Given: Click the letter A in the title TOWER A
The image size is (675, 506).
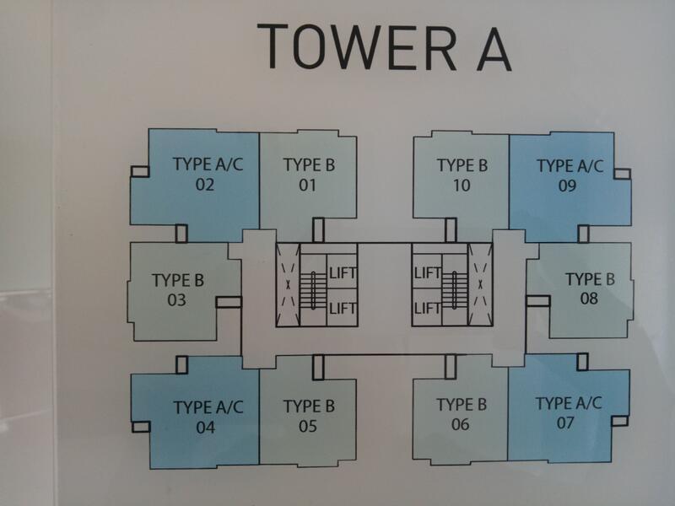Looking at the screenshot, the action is pyautogui.click(x=494, y=49).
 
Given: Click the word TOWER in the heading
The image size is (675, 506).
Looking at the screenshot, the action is pyautogui.click(x=357, y=46).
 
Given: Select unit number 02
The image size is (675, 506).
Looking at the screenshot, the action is pyautogui.click(x=205, y=185).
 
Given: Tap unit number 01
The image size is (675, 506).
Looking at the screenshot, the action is pyautogui.click(x=307, y=185).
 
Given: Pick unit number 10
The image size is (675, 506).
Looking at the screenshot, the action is pyautogui.click(x=461, y=186).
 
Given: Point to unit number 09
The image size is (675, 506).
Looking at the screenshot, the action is pyautogui.click(x=567, y=186).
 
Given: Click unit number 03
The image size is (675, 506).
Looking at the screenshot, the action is pyautogui.click(x=176, y=300).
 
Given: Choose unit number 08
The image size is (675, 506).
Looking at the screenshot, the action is pyautogui.click(x=589, y=299).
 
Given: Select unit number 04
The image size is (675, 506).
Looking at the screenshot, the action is pyautogui.click(x=206, y=428).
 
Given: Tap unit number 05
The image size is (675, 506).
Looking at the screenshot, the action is pyautogui.click(x=308, y=426).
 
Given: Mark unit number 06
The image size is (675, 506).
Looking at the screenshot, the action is pyautogui.click(x=460, y=425).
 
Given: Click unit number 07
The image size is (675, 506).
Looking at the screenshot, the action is pyautogui.click(x=565, y=423).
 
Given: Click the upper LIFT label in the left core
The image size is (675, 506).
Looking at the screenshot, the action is pyautogui.click(x=343, y=273).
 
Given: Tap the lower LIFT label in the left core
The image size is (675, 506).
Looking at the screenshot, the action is pyautogui.click(x=343, y=308).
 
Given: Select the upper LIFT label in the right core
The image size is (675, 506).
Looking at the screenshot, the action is pyautogui.click(x=428, y=272).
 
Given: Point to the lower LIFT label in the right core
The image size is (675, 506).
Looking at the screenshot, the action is pyautogui.click(x=428, y=308).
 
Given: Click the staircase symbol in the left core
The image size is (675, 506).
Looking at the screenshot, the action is pyautogui.click(x=313, y=290).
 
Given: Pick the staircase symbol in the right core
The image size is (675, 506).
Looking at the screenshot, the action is pyautogui.click(x=455, y=290).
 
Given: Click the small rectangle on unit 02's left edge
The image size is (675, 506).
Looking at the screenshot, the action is pyautogui.click(x=140, y=171).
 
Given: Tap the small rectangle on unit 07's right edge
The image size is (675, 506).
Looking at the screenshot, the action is pyautogui.click(x=620, y=420).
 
